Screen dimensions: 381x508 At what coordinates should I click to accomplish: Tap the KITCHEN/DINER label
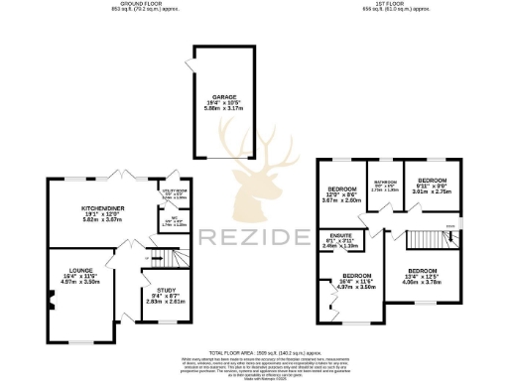click(x=101, y=208)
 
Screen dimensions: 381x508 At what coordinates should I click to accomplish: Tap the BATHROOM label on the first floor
click(x=383, y=182)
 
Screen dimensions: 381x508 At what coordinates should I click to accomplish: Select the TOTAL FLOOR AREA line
click(x=254, y=351)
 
